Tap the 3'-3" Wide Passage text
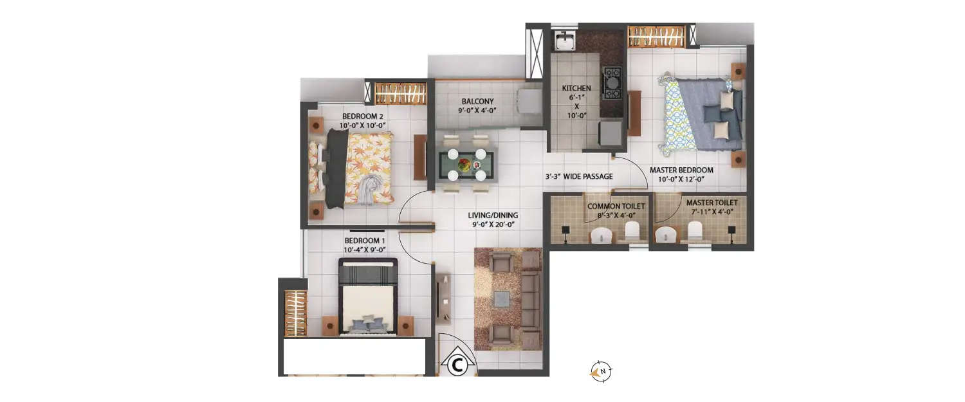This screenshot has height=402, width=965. [x=578, y=176]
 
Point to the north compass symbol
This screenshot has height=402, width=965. [x=602, y=370]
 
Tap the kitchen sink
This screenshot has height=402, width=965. [x=565, y=41]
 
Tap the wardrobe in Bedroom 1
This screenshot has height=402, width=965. [x=296, y=313]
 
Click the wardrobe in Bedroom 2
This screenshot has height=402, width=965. [x=400, y=93]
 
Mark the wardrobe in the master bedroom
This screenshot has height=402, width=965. [x=656, y=36]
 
